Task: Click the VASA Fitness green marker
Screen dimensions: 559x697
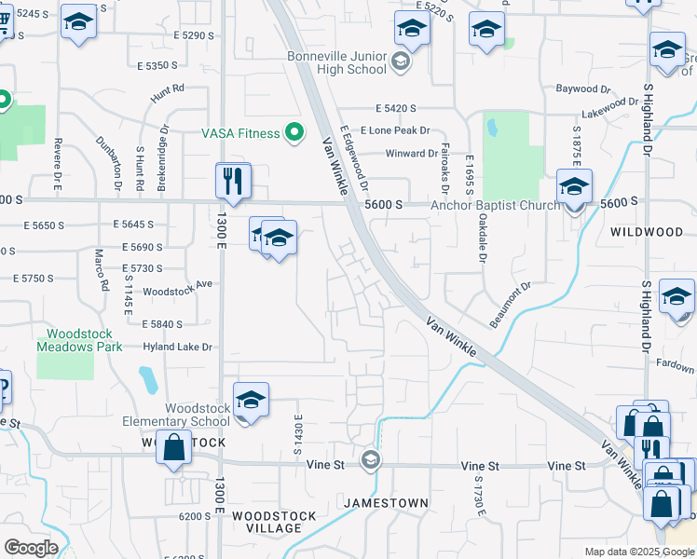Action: coord(294,133)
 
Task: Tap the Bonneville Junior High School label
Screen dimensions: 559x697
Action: coord(336,62)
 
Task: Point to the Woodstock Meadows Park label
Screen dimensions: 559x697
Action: coord(79,340)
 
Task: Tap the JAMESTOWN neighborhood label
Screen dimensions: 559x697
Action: coord(386,503)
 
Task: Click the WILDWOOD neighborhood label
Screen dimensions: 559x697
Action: coord(646,231)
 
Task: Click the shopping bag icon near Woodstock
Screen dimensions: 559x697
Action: coord(174,447)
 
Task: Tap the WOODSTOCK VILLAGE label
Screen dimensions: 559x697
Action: coord(267,522)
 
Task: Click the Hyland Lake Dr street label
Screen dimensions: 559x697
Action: coord(178,348)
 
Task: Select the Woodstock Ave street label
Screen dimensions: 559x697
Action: coord(184,284)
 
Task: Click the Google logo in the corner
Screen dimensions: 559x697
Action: coord(30,548)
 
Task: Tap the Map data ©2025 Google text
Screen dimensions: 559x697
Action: coord(638,552)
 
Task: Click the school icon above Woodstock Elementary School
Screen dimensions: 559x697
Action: coord(251,401)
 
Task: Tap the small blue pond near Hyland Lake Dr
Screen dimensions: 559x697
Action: coord(147,379)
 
